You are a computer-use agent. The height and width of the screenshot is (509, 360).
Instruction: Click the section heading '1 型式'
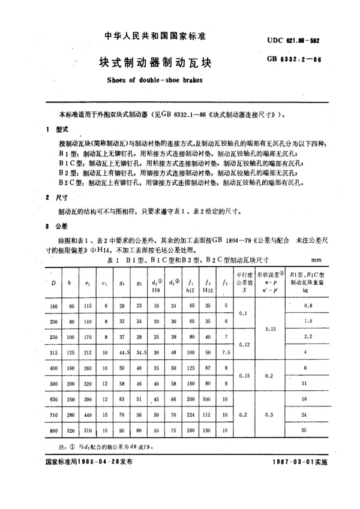[56, 129]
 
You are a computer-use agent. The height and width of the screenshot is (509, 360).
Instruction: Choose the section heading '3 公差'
[56, 226]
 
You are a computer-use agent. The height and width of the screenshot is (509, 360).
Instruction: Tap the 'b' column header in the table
[70, 282]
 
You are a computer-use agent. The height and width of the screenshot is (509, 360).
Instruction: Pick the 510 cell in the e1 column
[88, 429]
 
